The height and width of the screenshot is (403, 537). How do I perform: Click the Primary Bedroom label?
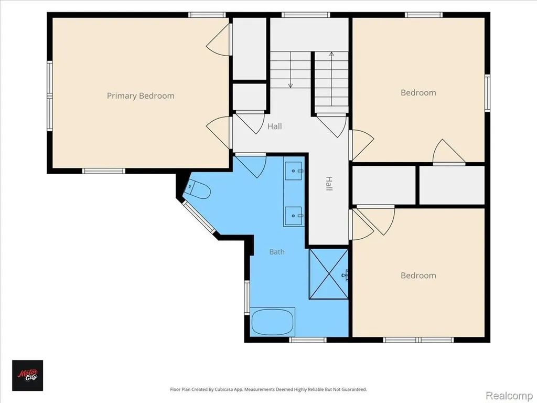[x=141, y=96]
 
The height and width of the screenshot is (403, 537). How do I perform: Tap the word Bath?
[x=277, y=252]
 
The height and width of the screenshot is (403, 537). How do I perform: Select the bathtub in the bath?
[x=273, y=322]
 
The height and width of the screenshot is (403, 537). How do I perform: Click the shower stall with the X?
[x=328, y=274]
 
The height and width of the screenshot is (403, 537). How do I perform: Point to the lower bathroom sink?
[x=294, y=216]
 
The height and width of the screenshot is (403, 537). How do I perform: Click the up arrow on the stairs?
[x=331, y=79]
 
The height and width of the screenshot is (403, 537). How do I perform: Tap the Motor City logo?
[x=27, y=375]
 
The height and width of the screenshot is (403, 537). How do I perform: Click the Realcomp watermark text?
[x=509, y=395]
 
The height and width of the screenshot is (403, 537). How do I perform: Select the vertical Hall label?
[x=329, y=184]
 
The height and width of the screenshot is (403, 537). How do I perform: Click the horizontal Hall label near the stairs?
[x=275, y=126]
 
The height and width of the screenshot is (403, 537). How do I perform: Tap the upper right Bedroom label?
[x=418, y=93]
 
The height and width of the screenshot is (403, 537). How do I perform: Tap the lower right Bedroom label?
[x=418, y=275]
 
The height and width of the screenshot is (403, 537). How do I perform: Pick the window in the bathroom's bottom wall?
[x=307, y=340]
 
